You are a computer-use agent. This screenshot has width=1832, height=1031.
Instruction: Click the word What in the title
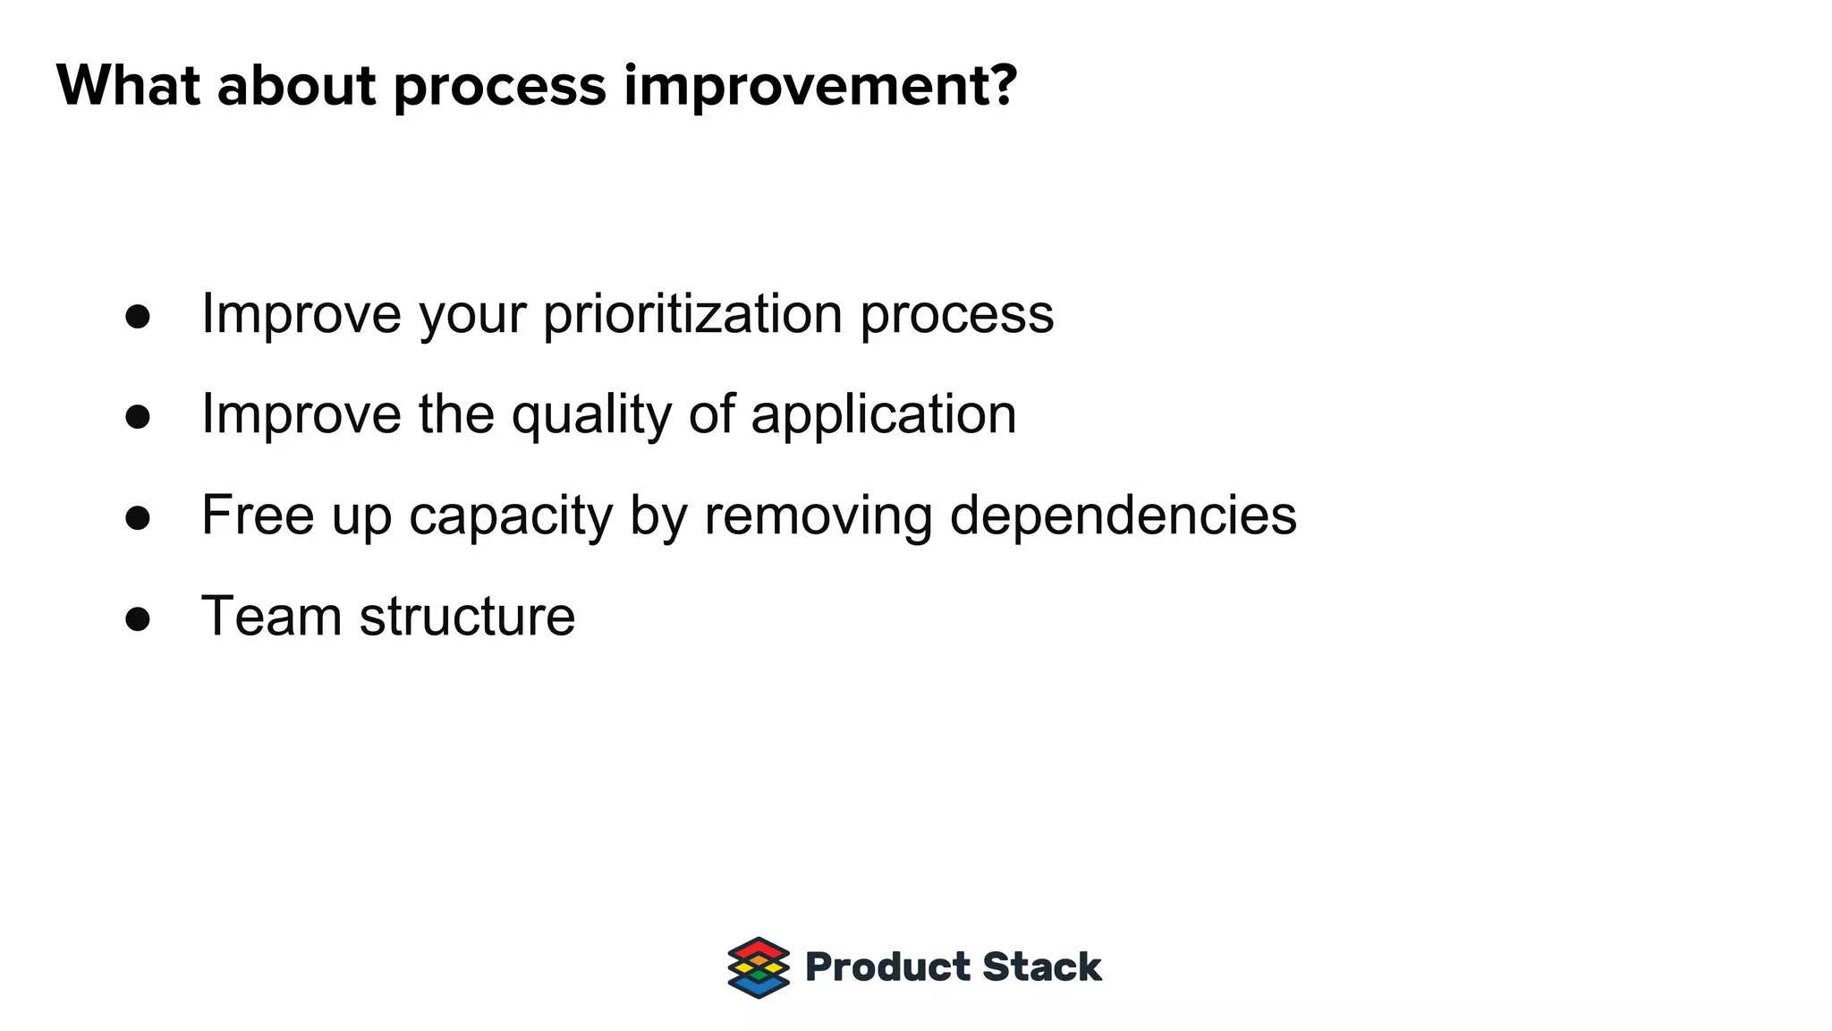[x=128, y=86]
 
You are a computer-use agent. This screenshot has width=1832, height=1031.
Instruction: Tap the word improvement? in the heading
[x=820, y=86]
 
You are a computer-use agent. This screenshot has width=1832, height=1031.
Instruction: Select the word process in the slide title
[x=499, y=88]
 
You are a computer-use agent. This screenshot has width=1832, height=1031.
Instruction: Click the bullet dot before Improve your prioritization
[x=138, y=316]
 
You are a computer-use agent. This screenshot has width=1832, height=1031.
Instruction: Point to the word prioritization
[x=692, y=314]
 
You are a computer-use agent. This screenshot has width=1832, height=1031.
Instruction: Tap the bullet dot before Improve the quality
[x=138, y=416]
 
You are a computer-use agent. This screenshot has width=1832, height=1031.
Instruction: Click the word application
[x=883, y=415]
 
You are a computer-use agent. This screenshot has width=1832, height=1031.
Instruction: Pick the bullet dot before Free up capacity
[x=138, y=517]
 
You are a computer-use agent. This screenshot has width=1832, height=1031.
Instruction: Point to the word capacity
[x=510, y=517]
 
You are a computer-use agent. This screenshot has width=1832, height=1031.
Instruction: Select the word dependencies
[x=1123, y=515]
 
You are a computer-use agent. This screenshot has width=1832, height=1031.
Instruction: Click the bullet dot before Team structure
[x=138, y=618]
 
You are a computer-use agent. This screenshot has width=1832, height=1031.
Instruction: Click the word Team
[x=272, y=617]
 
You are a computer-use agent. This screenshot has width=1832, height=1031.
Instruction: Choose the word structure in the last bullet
[x=467, y=617]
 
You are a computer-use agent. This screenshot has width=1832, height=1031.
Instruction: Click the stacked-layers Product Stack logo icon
[x=759, y=967]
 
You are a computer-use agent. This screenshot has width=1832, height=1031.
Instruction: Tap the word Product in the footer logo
[x=887, y=967]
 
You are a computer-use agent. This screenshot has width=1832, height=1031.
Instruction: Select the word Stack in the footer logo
[x=1041, y=967]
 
